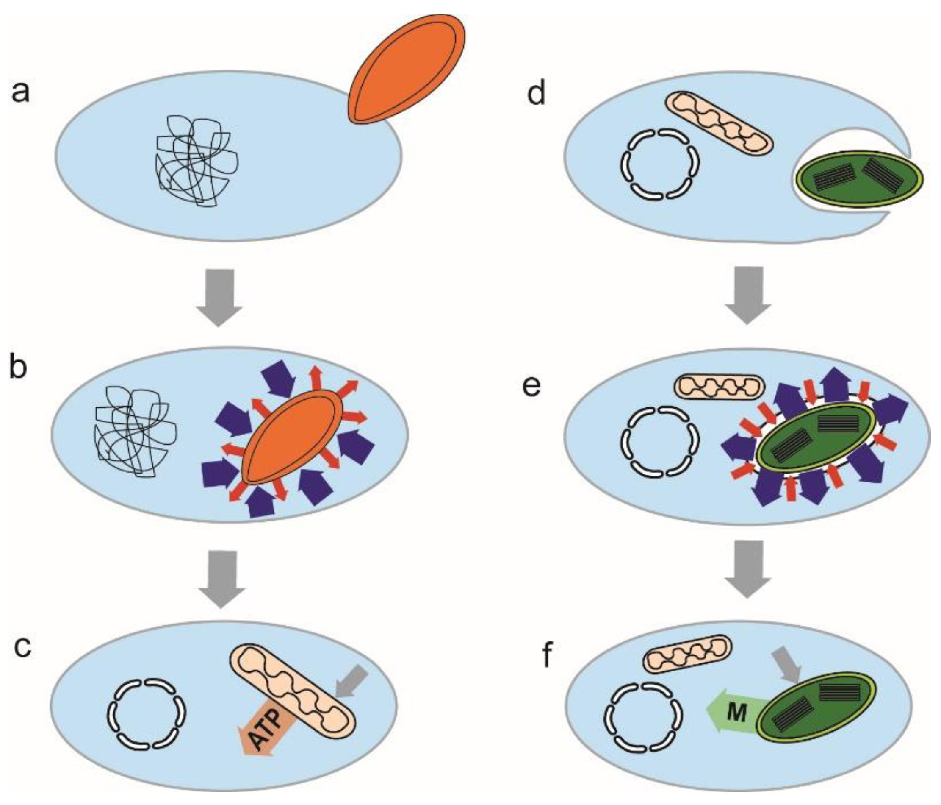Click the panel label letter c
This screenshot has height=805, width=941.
point(23,647)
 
